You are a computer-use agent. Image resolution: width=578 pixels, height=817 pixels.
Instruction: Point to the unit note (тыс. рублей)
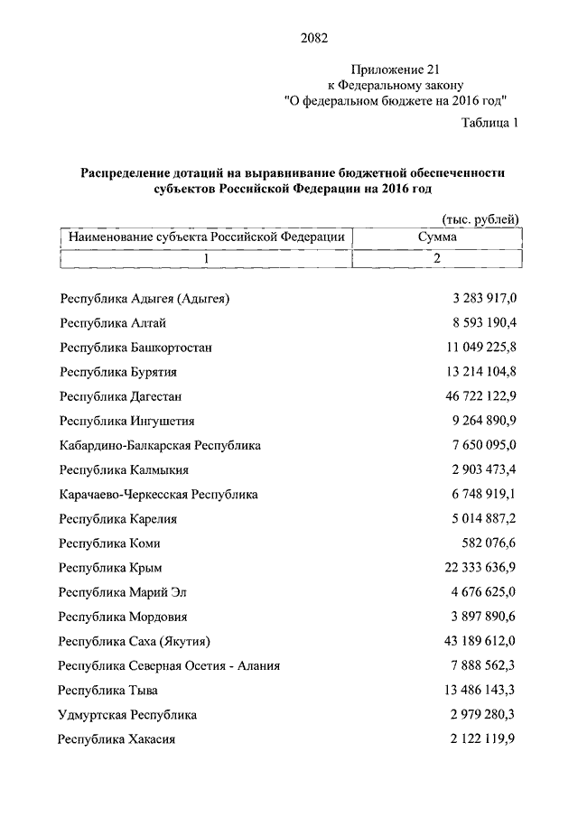click(x=480, y=219)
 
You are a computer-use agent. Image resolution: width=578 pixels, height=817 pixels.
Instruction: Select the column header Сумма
click(x=437, y=237)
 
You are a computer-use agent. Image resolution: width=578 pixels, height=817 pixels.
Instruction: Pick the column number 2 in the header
click(x=437, y=259)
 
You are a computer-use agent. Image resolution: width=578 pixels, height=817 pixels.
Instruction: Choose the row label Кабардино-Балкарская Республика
click(x=159, y=445)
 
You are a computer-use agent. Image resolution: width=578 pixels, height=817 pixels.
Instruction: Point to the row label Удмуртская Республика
click(x=127, y=715)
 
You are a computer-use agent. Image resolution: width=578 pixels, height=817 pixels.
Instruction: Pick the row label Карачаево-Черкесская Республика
click(x=158, y=495)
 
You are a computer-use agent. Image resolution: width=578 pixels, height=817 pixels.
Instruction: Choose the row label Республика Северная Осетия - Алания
click(x=169, y=666)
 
